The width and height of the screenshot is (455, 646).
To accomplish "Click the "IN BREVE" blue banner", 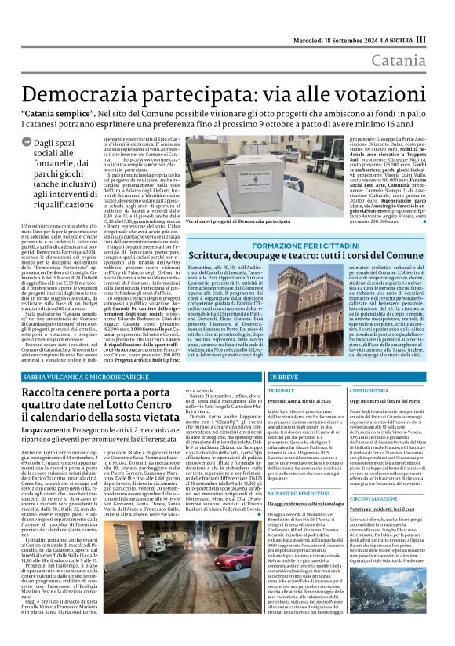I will coord(286,378).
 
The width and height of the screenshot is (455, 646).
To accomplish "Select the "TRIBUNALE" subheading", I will coord(281,390).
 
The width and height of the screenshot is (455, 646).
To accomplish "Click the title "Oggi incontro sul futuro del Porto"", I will coord(387,400).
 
